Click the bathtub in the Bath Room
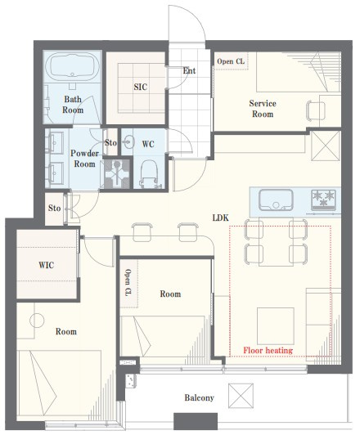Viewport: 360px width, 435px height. [72, 66]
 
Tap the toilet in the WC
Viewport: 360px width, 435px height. [148, 173]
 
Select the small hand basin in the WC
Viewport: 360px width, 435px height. [128, 142]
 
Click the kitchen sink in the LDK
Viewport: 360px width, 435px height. [276, 200]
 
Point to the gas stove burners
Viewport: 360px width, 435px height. [323, 200]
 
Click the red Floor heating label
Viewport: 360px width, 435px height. [268, 350]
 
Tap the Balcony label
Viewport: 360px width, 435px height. [199, 397]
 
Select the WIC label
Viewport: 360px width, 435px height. [46, 265]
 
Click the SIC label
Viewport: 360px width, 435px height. [141, 87]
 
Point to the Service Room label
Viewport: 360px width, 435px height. [263, 109]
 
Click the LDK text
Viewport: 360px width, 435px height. [221, 217]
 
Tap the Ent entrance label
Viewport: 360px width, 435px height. [189, 71]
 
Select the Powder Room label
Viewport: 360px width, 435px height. [84, 159]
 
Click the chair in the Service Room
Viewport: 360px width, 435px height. [316, 111]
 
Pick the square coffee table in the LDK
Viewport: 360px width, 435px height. [276, 325]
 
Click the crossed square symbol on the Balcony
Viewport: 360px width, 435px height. [241, 396]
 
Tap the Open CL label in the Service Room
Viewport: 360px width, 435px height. [231, 61]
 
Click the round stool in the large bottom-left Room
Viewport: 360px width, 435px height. [37, 321]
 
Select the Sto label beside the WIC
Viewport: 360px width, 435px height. [54, 208]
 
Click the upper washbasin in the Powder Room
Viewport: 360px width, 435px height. [56, 142]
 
